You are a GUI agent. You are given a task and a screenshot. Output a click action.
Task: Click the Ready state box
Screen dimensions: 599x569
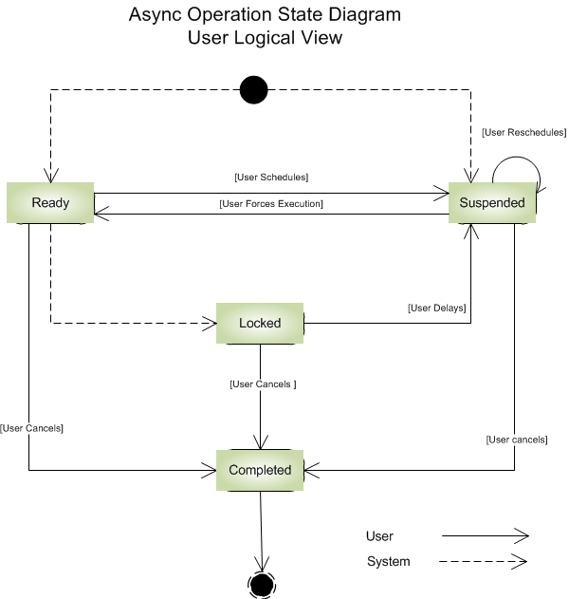(50, 203)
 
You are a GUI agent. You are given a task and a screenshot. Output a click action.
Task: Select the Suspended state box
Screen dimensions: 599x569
(492, 203)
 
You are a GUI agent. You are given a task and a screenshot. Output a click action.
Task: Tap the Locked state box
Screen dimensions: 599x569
(260, 323)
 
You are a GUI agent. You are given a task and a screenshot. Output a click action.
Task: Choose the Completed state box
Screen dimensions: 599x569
(260, 470)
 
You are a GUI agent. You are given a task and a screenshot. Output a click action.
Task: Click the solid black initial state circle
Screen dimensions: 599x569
(252, 90)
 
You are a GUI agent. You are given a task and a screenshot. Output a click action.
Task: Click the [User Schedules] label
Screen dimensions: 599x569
(271, 178)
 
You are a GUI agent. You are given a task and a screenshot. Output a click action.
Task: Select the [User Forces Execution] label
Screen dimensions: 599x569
(271, 203)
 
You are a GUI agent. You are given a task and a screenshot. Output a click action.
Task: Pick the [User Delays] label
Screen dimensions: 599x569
(436, 308)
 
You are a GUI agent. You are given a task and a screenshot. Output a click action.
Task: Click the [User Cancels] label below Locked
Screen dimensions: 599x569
(263, 384)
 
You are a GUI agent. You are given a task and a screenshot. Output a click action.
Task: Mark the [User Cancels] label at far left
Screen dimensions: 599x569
(32, 428)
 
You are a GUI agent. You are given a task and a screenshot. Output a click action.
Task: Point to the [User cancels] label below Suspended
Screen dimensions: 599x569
(516, 440)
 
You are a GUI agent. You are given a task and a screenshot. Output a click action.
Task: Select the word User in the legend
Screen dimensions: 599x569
(379, 536)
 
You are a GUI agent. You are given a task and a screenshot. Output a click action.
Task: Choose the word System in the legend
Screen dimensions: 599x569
(388, 561)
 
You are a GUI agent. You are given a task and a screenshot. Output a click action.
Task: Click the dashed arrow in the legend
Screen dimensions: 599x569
(484, 561)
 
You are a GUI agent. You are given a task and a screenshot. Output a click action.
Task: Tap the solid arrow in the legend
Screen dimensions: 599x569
(484, 536)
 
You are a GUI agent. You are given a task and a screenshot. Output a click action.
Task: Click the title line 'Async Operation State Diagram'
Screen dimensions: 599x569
(264, 16)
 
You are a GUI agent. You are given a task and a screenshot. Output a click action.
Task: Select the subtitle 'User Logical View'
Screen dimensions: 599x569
(264, 39)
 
